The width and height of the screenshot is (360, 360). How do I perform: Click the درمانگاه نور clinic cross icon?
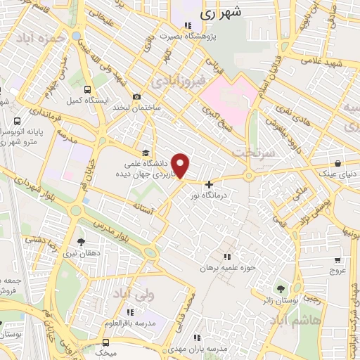point(209,184)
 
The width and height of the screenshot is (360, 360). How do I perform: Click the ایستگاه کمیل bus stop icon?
point(87,90)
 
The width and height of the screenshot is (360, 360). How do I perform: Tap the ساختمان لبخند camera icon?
point(136,97)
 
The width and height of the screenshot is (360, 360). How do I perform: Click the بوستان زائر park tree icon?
point(281,288)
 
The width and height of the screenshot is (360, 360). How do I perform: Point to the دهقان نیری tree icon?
point(81,242)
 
